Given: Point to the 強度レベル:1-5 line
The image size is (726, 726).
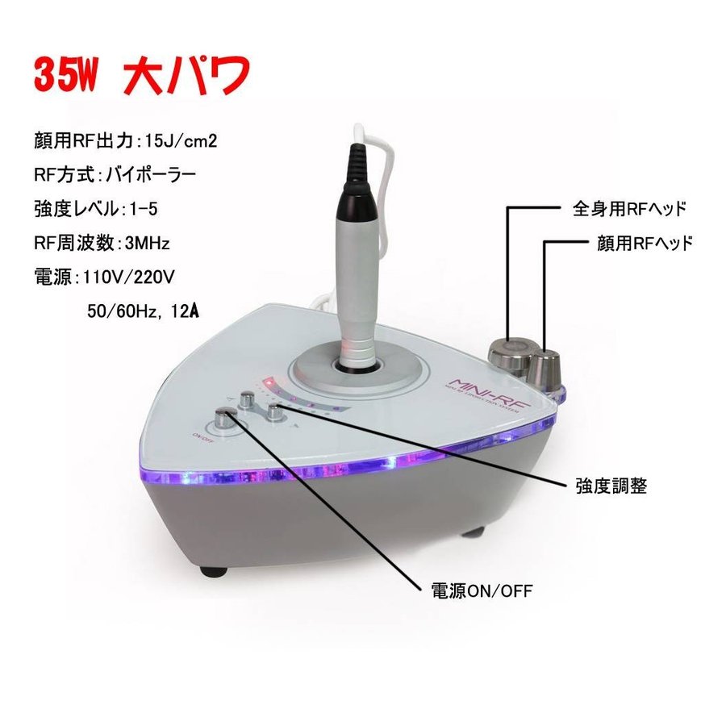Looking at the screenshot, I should tap(96, 207).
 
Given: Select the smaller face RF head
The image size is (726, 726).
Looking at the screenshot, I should tap(546, 369).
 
